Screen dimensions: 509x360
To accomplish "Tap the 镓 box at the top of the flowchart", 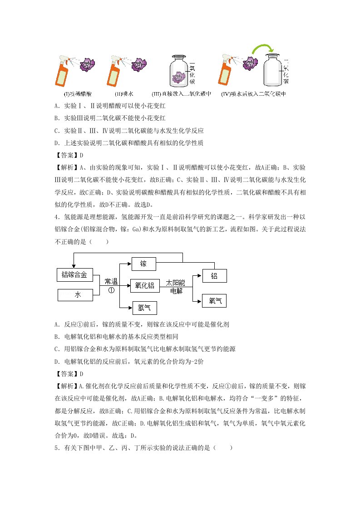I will pyautogui.click(x=143, y=264).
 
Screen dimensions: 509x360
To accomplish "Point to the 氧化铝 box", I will pyautogui.click(x=145, y=285).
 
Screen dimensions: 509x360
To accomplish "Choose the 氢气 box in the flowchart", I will pyautogui.click(x=144, y=308).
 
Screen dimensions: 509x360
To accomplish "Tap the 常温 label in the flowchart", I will pyautogui.click(x=111, y=281).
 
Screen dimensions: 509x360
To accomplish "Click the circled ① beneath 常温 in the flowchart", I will pyautogui.click(x=111, y=290).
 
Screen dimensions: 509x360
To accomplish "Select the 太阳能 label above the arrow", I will pyautogui.click(x=176, y=282).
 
